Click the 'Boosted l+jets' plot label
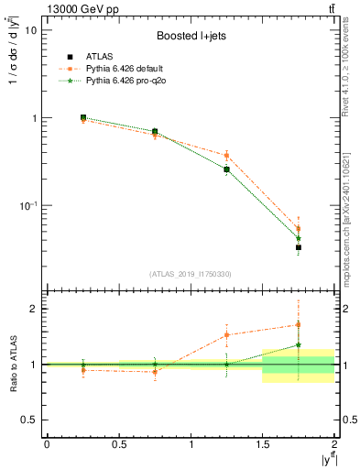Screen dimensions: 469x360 pos(190,36)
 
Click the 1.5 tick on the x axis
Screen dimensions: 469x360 pos(262,443)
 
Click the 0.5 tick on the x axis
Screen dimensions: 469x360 pos(118,443)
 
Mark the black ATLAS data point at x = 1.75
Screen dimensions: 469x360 pos(299,247)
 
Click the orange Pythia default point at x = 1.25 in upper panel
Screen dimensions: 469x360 pos(226,156)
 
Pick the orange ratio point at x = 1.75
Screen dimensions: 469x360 pos(299,324)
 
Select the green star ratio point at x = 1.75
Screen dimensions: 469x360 pos(299,345)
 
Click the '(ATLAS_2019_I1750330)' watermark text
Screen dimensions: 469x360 pos(190,274)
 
